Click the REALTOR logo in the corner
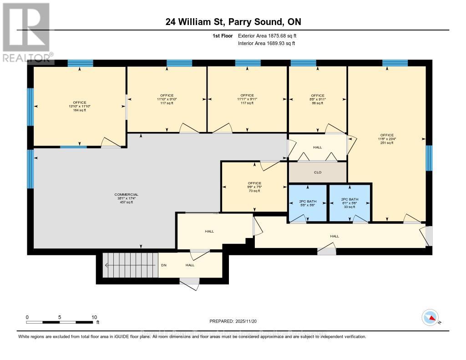pos(27,32)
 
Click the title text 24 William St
pos(233,22)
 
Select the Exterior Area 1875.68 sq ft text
pos(267,35)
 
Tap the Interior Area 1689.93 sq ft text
pos(266,44)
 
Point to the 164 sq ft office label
pos(79,106)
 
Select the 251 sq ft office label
pos(386,139)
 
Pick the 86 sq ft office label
pos(317,99)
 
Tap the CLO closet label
pos(318,172)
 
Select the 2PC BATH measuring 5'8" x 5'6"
pos(307,203)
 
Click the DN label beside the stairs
pos(164,265)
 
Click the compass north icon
pos(430,317)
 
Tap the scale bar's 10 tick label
pos(94,317)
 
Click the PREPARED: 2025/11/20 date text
pos(233,321)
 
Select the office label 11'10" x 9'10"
pos(167,99)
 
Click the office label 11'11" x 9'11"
pos(247,99)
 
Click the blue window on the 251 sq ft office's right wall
pos(429,158)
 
